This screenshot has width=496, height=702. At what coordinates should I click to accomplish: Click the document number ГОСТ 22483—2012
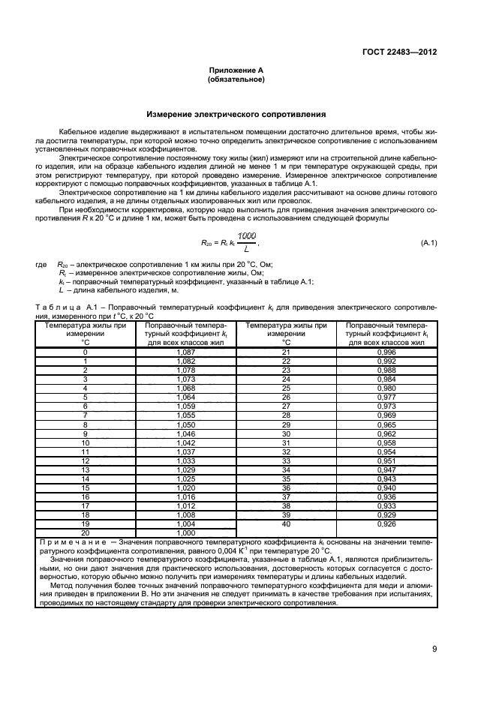point(399,52)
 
